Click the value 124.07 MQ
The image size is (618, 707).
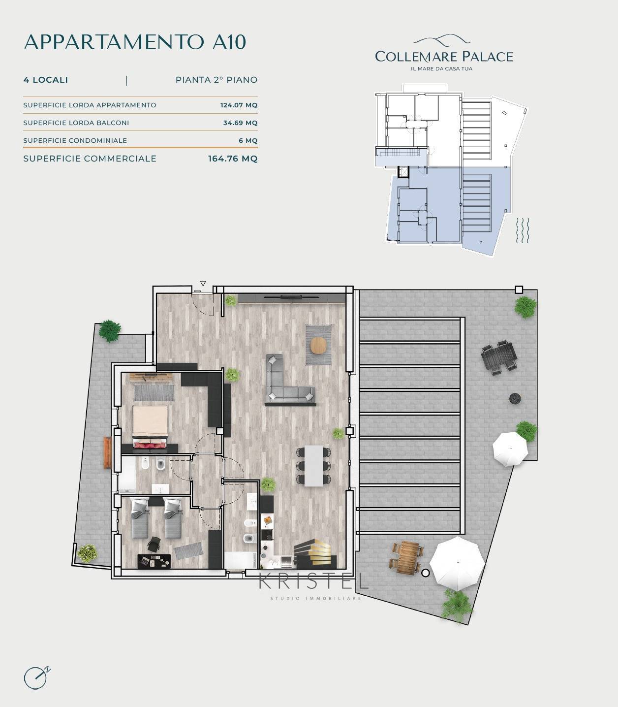239,105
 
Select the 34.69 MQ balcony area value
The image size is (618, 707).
240,123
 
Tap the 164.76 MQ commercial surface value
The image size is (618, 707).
233,159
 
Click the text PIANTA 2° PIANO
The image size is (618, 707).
216,80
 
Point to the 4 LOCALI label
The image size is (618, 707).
46,80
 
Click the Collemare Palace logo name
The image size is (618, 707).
444,56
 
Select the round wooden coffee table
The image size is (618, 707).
318,345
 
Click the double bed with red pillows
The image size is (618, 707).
150,427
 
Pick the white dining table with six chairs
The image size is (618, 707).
313,466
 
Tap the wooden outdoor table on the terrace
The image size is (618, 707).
407,557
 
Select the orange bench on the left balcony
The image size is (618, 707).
107,452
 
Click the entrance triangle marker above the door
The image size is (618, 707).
203,284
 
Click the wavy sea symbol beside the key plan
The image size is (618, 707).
523,230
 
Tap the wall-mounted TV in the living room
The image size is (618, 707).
291,297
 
